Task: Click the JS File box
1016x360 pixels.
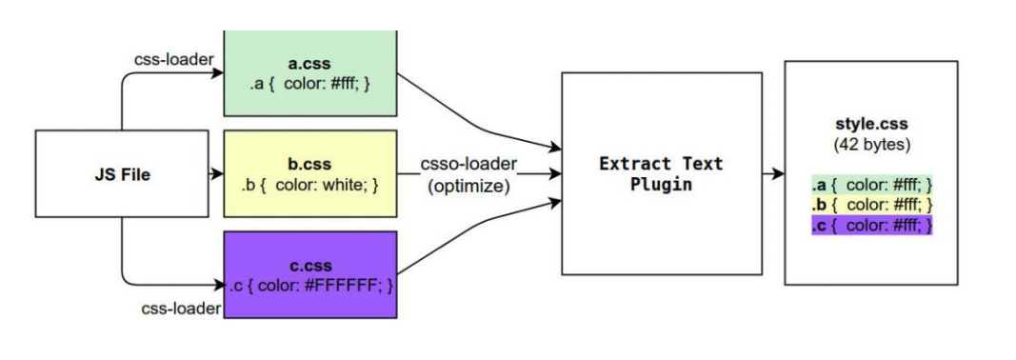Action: click(x=121, y=175)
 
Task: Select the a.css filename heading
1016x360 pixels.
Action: click(x=309, y=65)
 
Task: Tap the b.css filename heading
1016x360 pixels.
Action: click(x=309, y=164)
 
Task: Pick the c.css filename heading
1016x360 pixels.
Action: click(x=309, y=265)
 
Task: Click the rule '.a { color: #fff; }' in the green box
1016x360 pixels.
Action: click(x=309, y=84)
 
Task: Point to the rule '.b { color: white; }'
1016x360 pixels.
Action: click(x=309, y=183)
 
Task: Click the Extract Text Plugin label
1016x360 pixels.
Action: click(x=661, y=173)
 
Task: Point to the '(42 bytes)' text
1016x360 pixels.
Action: click(x=871, y=146)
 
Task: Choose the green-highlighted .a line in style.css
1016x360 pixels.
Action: click(x=871, y=185)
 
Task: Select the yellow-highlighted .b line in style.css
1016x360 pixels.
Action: click(x=871, y=205)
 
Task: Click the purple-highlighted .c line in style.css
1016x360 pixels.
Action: click(x=871, y=226)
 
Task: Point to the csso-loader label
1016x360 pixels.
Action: click(x=468, y=165)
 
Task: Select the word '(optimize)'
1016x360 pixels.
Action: click(x=468, y=186)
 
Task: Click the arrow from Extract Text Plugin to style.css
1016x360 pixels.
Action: click(x=773, y=174)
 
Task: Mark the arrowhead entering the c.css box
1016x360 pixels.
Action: click(x=216, y=284)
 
